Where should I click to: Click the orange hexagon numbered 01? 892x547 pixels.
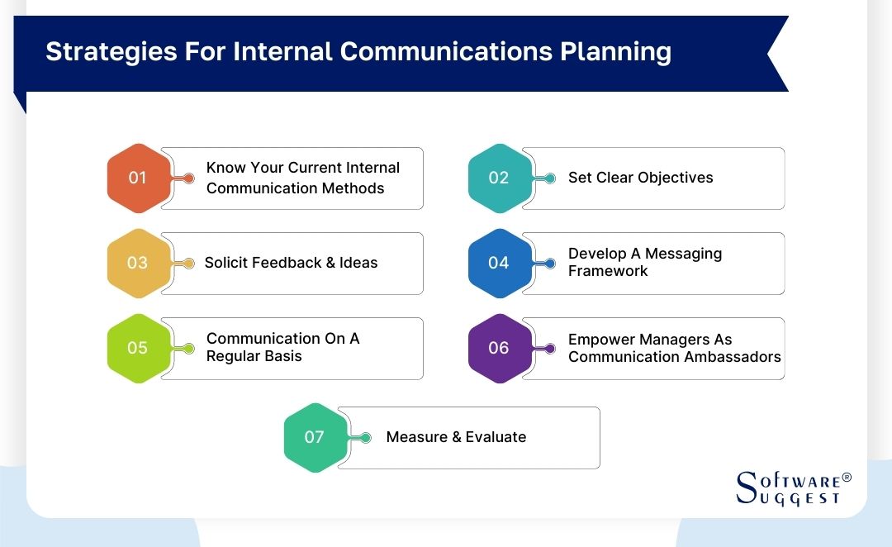pos(137,178)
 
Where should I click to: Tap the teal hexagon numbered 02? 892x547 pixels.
pos(498,178)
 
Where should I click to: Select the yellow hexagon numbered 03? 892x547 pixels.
pos(137,263)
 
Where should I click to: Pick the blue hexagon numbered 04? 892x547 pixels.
pos(498,263)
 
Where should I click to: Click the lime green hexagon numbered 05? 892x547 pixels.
pos(137,348)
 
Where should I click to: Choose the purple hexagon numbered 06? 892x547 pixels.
pos(498,348)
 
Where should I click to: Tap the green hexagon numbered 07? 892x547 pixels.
pos(314,437)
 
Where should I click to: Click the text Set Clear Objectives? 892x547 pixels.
pos(640,178)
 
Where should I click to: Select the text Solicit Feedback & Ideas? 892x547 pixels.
pos(291,263)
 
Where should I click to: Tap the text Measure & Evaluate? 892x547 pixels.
pos(456,437)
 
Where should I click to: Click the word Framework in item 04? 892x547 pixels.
pos(608,271)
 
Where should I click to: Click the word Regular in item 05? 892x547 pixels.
pos(234,357)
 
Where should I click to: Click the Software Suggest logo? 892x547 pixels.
pos(789,488)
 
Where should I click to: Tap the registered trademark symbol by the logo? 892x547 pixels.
pos(846,478)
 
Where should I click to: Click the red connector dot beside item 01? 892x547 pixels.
pos(189,178)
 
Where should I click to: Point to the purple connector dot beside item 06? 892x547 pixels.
pos(550,348)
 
